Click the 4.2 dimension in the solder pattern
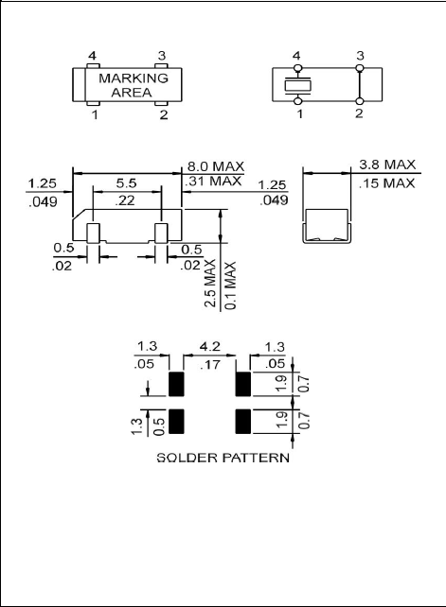(x=207, y=348)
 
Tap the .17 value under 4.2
(x=207, y=362)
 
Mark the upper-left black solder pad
(x=175, y=384)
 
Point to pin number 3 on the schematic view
(x=360, y=57)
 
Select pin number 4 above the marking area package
(x=92, y=57)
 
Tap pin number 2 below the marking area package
(x=163, y=115)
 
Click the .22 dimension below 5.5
(x=125, y=201)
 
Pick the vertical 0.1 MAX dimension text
(x=231, y=283)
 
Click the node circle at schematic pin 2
(x=360, y=101)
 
